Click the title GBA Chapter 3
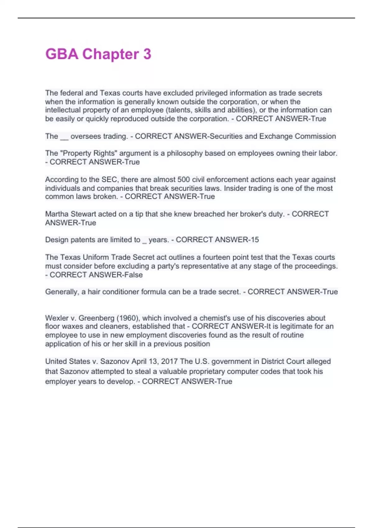click(x=98, y=54)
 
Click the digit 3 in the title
click(x=147, y=54)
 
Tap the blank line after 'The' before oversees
click(x=64, y=137)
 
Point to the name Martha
click(x=57, y=214)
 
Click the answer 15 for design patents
click(x=255, y=240)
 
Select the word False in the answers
click(x=133, y=275)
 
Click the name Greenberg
click(x=96, y=318)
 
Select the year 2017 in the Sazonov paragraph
click(x=169, y=362)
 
